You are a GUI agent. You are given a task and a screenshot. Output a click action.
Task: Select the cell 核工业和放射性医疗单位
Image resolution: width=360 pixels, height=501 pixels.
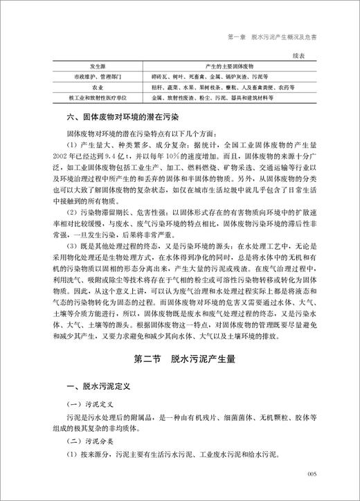pyautogui.click(x=96, y=100)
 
